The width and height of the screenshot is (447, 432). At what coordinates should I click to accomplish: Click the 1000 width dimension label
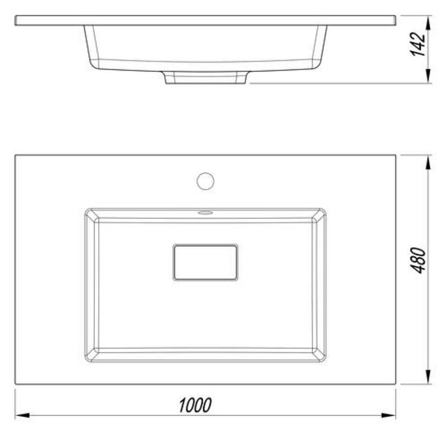click(x=195, y=405)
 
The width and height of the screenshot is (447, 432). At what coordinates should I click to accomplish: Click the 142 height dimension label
click(x=418, y=44)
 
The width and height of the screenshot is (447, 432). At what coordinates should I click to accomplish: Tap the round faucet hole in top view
click(x=205, y=181)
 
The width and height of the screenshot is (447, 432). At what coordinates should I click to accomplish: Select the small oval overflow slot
click(x=205, y=213)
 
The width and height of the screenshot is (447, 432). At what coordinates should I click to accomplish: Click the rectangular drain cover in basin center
click(x=205, y=262)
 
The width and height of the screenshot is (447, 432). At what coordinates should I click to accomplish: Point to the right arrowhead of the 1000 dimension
click(x=388, y=415)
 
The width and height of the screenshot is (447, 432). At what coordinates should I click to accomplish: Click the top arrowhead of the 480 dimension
click(x=428, y=163)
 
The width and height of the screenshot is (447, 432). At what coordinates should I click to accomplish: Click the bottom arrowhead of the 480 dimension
click(x=428, y=377)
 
